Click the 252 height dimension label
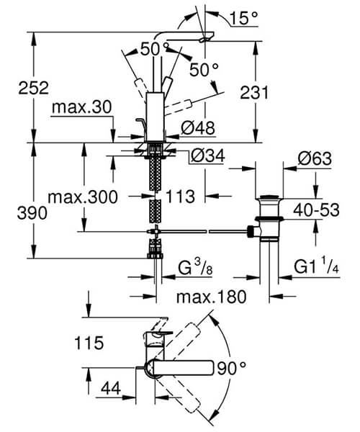pyautogui.click(x=16, y=88)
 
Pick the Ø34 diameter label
pyautogui.click(x=207, y=155)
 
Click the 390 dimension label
pyautogui.click(x=16, y=213)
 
